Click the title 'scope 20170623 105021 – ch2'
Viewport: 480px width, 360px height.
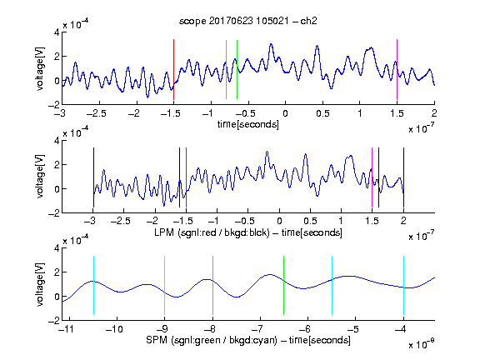click(x=248, y=21)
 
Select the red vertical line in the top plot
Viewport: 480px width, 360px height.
click(x=173, y=69)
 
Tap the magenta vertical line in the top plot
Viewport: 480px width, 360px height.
click(x=397, y=69)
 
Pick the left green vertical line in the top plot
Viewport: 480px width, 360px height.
click(x=226, y=69)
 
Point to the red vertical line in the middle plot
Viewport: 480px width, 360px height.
click(x=186, y=177)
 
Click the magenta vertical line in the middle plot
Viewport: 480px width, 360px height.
click(x=372, y=177)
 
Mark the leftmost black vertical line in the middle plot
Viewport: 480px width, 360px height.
click(x=93, y=177)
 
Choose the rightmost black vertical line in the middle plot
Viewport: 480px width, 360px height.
click(x=403, y=177)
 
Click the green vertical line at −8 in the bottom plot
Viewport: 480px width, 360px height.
click(x=212, y=285)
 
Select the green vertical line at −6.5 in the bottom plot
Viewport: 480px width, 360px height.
click(x=284, y=285)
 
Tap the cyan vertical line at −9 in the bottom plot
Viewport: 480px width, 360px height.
click(x=165, y=285)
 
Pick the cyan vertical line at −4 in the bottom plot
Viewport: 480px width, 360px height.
click(x=403, y=285)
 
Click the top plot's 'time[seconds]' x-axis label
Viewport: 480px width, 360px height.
click(x=248, y=124)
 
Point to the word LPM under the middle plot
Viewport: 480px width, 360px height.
click(x=164, y=232)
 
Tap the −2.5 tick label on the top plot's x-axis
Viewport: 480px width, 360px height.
click(x=96, y=113)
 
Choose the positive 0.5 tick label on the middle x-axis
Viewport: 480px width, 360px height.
click(x=310, y=221)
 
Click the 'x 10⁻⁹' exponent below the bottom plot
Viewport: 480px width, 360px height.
click(x=422, y=344)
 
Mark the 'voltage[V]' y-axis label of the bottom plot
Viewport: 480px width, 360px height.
click(x=40, y=284)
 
